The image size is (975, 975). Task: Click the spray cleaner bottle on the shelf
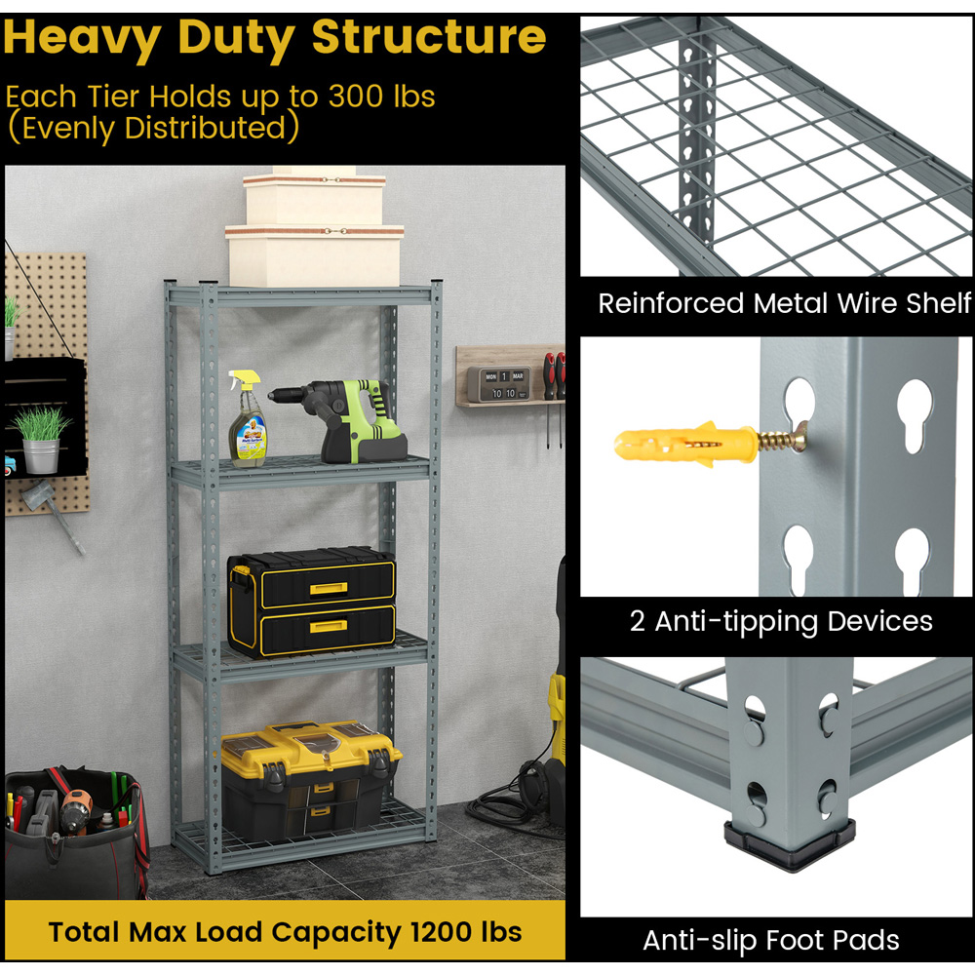(247, 419)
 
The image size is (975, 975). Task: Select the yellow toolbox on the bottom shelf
(311, 779)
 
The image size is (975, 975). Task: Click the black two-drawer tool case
(312, 602)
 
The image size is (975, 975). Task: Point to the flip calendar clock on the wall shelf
(499, 383)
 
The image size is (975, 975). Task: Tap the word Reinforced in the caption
(671, 303)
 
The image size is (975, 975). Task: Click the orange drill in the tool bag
(75, 808)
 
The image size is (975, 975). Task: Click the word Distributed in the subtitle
(205, 128)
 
